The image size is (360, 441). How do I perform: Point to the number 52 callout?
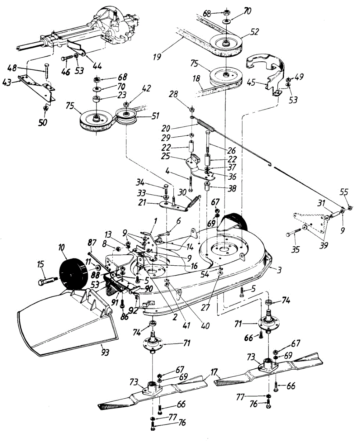coord(253,32)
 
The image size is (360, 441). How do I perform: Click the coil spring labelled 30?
coord(193,201)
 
